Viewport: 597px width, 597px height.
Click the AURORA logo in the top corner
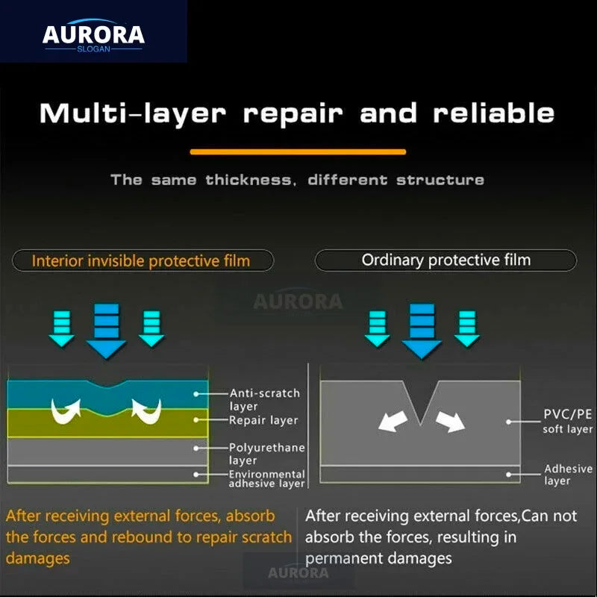pyautogui.click(x=93, y=35)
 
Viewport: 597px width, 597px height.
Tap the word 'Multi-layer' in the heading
pyautogui.click(x=133, y=113)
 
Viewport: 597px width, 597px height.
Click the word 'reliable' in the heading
pyautogui.click(x=493, y=113)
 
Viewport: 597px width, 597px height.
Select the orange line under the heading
pyautogui.click(x=298, y=152)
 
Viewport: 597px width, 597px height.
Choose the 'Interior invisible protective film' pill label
pyautogui.click(x=143, y=260)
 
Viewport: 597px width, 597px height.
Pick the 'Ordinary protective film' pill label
pyautogui.click(x=446, y=260)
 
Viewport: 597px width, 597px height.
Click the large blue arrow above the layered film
pyautogui.click(x=106, y=331)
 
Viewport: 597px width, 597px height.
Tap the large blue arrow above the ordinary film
pyautogui.click(x=422, y=331)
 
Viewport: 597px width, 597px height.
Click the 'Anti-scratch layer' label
pyautogui.click(x=265, y=399)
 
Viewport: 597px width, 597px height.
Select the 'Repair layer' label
pyautogui.click(x=263, y=420)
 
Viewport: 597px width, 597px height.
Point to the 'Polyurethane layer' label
pyautogui.click(x=267, y=454)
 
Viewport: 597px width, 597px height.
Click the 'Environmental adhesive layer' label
pyautogui.click(x=267, y=478)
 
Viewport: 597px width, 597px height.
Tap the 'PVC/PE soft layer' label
pyautogui.click(x=568, y=421)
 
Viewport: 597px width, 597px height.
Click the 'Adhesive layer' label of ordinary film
pyautogui.click(x=568, y=475)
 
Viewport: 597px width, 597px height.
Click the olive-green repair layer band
pyautogui.click(x=107, y=423)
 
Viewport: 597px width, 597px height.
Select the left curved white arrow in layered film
pyautogui.click(x=66, y=412)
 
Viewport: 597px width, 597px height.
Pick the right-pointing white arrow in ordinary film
pyautogui.click(x=451, y=422)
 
